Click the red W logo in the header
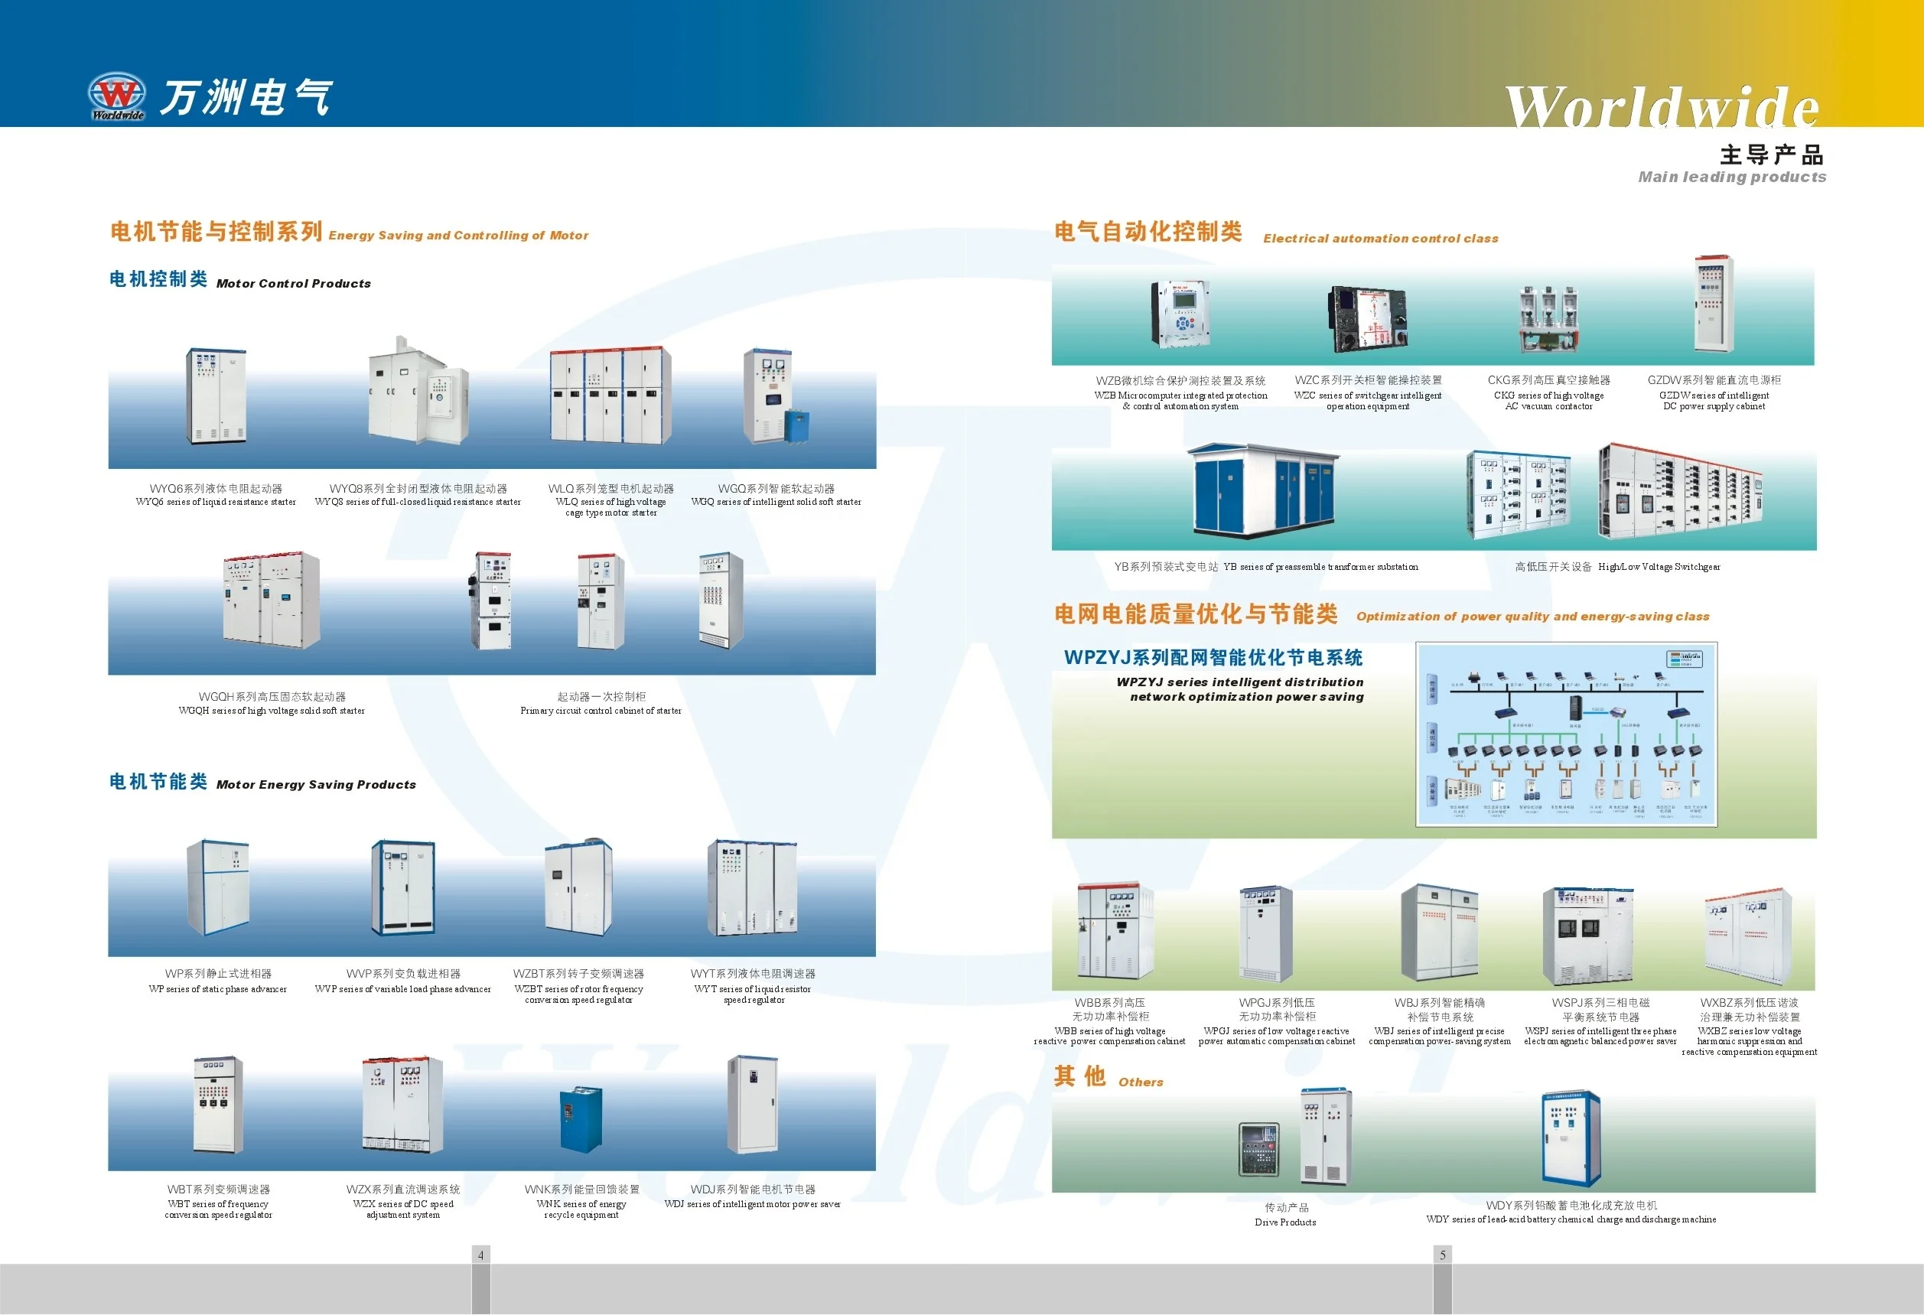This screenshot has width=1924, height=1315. click(117, 93)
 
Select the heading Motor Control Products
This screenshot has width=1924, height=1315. click(293, 283)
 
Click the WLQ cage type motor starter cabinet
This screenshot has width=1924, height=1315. click(610, 395)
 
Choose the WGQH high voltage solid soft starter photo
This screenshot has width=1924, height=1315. click(271, 601)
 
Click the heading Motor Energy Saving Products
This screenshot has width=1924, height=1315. click(315, 784)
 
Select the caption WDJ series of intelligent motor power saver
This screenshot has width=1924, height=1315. click(752, 1204)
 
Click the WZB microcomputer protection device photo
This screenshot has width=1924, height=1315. click(1180, 314)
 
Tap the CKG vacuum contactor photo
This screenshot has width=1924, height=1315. click(1548, 319)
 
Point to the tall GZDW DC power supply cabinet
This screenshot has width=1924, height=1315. click(1713, 304)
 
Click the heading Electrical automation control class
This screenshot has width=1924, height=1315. click(1380, 239)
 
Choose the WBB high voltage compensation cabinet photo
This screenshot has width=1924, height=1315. click(1115, 931)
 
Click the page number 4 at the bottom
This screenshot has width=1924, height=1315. click(480, 1255)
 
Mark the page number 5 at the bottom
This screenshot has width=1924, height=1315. click(1442, 1255)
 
